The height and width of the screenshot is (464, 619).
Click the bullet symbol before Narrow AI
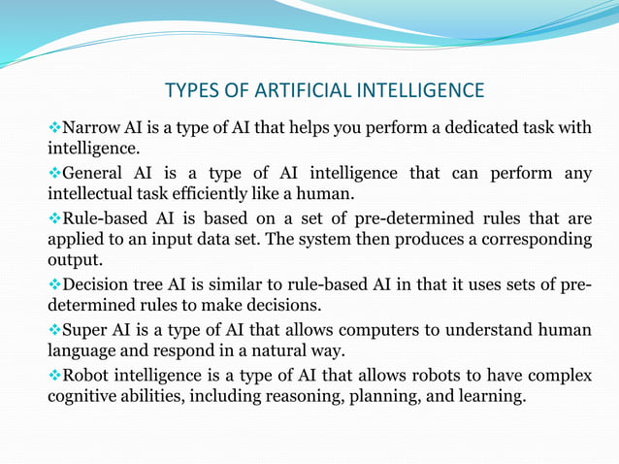[x=54, y=127]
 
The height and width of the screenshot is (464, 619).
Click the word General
[x=95, y=173]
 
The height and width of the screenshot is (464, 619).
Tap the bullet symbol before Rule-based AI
[x=54, y=216]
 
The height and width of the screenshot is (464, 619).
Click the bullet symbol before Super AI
[x=54, y=330]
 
